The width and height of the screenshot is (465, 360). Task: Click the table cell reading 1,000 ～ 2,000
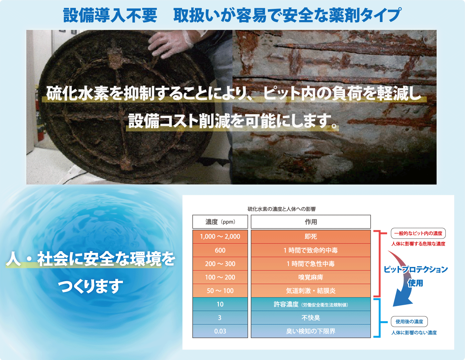pos(220,236)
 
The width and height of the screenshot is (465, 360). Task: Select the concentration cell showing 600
pos(220,250)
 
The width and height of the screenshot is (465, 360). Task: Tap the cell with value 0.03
pos(220,331)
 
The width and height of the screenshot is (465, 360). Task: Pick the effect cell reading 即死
pos(311,236)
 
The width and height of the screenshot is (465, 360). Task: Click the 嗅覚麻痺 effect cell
pos(311,277)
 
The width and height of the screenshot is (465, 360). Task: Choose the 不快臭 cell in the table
pos(311,318)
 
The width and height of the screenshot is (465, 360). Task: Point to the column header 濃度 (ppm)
pos(220,222)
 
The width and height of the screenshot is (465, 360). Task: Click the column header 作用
pos(311,222)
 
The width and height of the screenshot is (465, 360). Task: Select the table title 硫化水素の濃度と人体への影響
pos(282,209)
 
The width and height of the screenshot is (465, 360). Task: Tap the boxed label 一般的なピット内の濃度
pos(418,233)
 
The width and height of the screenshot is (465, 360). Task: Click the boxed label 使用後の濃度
pos(409,322)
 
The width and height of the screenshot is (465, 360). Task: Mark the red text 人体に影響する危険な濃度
pos(418,244)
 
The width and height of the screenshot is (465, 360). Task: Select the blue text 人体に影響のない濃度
pos(414,333)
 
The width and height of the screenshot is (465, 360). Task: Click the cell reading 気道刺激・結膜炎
pos(311,291)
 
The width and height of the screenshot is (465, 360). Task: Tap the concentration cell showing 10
pos(220,304)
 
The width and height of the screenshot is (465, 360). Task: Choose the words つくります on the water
pos(90,286)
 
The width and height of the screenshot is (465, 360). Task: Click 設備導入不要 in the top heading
pos(110,15)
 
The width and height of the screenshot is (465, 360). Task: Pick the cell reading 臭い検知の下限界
pos(311,331)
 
